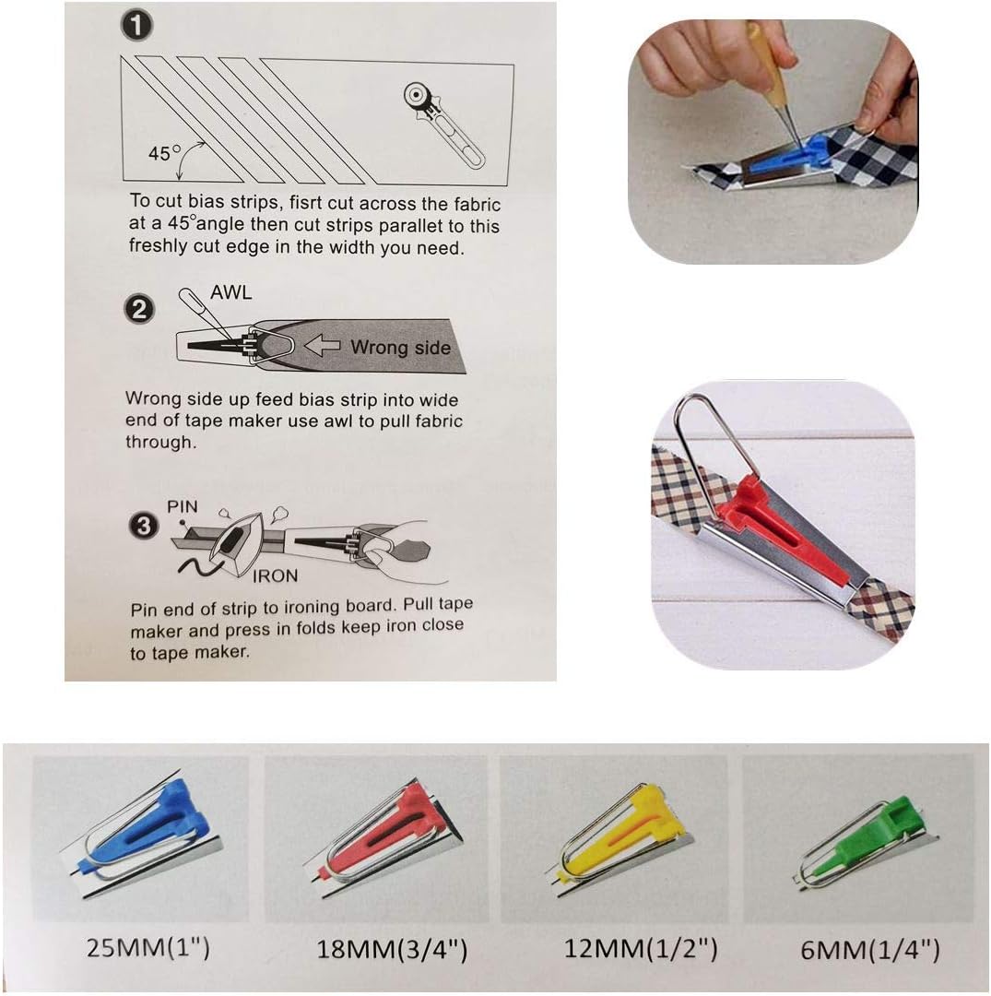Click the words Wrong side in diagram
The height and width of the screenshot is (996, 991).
tap(400, 348)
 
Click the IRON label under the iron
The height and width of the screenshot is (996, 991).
tap(275, 575)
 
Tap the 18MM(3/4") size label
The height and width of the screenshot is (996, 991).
tap(380, 948)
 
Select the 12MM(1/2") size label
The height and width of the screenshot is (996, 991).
tap(618, 948)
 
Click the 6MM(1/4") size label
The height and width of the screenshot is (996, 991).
tap(856, 948)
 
